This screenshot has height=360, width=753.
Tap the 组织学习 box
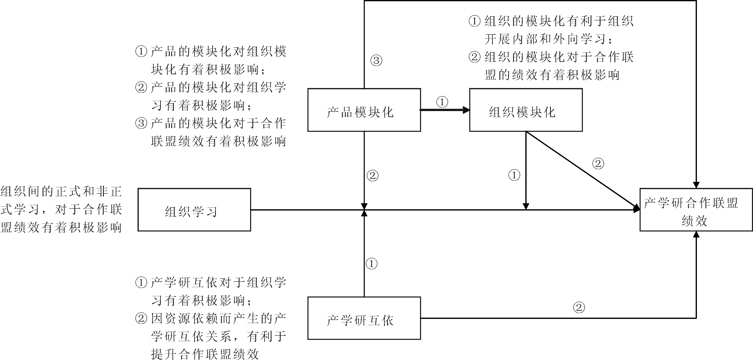[194, 210]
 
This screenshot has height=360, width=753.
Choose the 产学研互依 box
[364, 318]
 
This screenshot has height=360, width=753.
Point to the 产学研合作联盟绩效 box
[696, 210]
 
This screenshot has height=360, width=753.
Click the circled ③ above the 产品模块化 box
[376, 60]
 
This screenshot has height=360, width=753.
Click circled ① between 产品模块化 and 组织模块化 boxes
[442, 102]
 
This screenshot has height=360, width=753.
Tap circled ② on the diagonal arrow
[598, 163]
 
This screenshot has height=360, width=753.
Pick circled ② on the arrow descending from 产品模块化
[372, 176]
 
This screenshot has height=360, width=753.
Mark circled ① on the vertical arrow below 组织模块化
[514, 175]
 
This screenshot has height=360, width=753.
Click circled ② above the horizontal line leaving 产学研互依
[579, 307]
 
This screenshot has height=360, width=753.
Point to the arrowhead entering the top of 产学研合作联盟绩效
[696, 185]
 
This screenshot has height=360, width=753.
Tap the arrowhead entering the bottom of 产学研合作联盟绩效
[696, 234]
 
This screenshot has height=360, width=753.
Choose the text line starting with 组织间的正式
[61, 192]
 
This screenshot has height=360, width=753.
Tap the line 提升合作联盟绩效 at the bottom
[205, 354]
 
